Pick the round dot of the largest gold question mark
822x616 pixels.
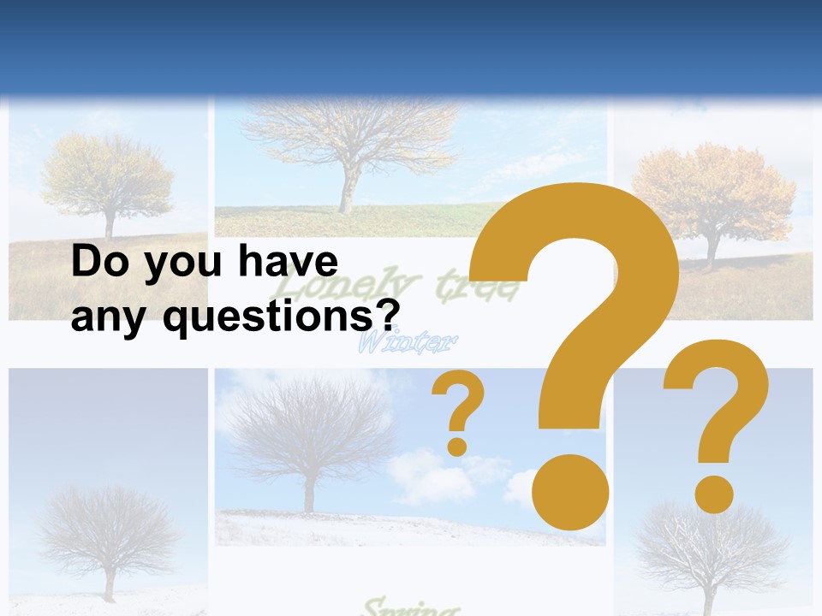pos(569,492)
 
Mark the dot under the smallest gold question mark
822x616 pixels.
pos(457,446)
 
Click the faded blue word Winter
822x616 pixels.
pos(407,345)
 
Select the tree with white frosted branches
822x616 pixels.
pos(711,548)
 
